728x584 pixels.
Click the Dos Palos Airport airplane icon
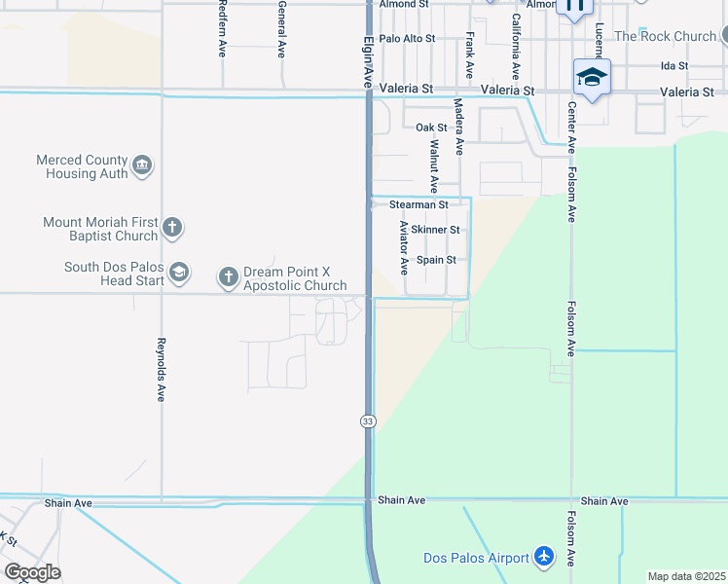(x=543, y=558)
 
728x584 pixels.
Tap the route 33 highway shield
(x=367, y=420)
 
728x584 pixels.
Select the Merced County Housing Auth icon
(x=142, y=166)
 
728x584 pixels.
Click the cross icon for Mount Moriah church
(x=172, y=229)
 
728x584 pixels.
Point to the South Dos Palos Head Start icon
(x=178, y=274)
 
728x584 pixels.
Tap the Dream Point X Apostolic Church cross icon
(x=228, y=278)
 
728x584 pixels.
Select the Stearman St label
(x=419, y=205)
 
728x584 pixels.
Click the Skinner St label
(x=435, y=230)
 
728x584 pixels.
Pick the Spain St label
(x=436, y=261)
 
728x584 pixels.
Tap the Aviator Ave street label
(x=404, y=247)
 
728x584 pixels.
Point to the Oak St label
(x=431, y=128)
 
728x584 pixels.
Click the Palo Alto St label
(x=407, y=39)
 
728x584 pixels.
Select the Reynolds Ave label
(x=161, y=370)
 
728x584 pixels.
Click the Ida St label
(x=673, y=66)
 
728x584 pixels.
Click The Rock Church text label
(x=665, y=36)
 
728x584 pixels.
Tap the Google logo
(x=32, y=572)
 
